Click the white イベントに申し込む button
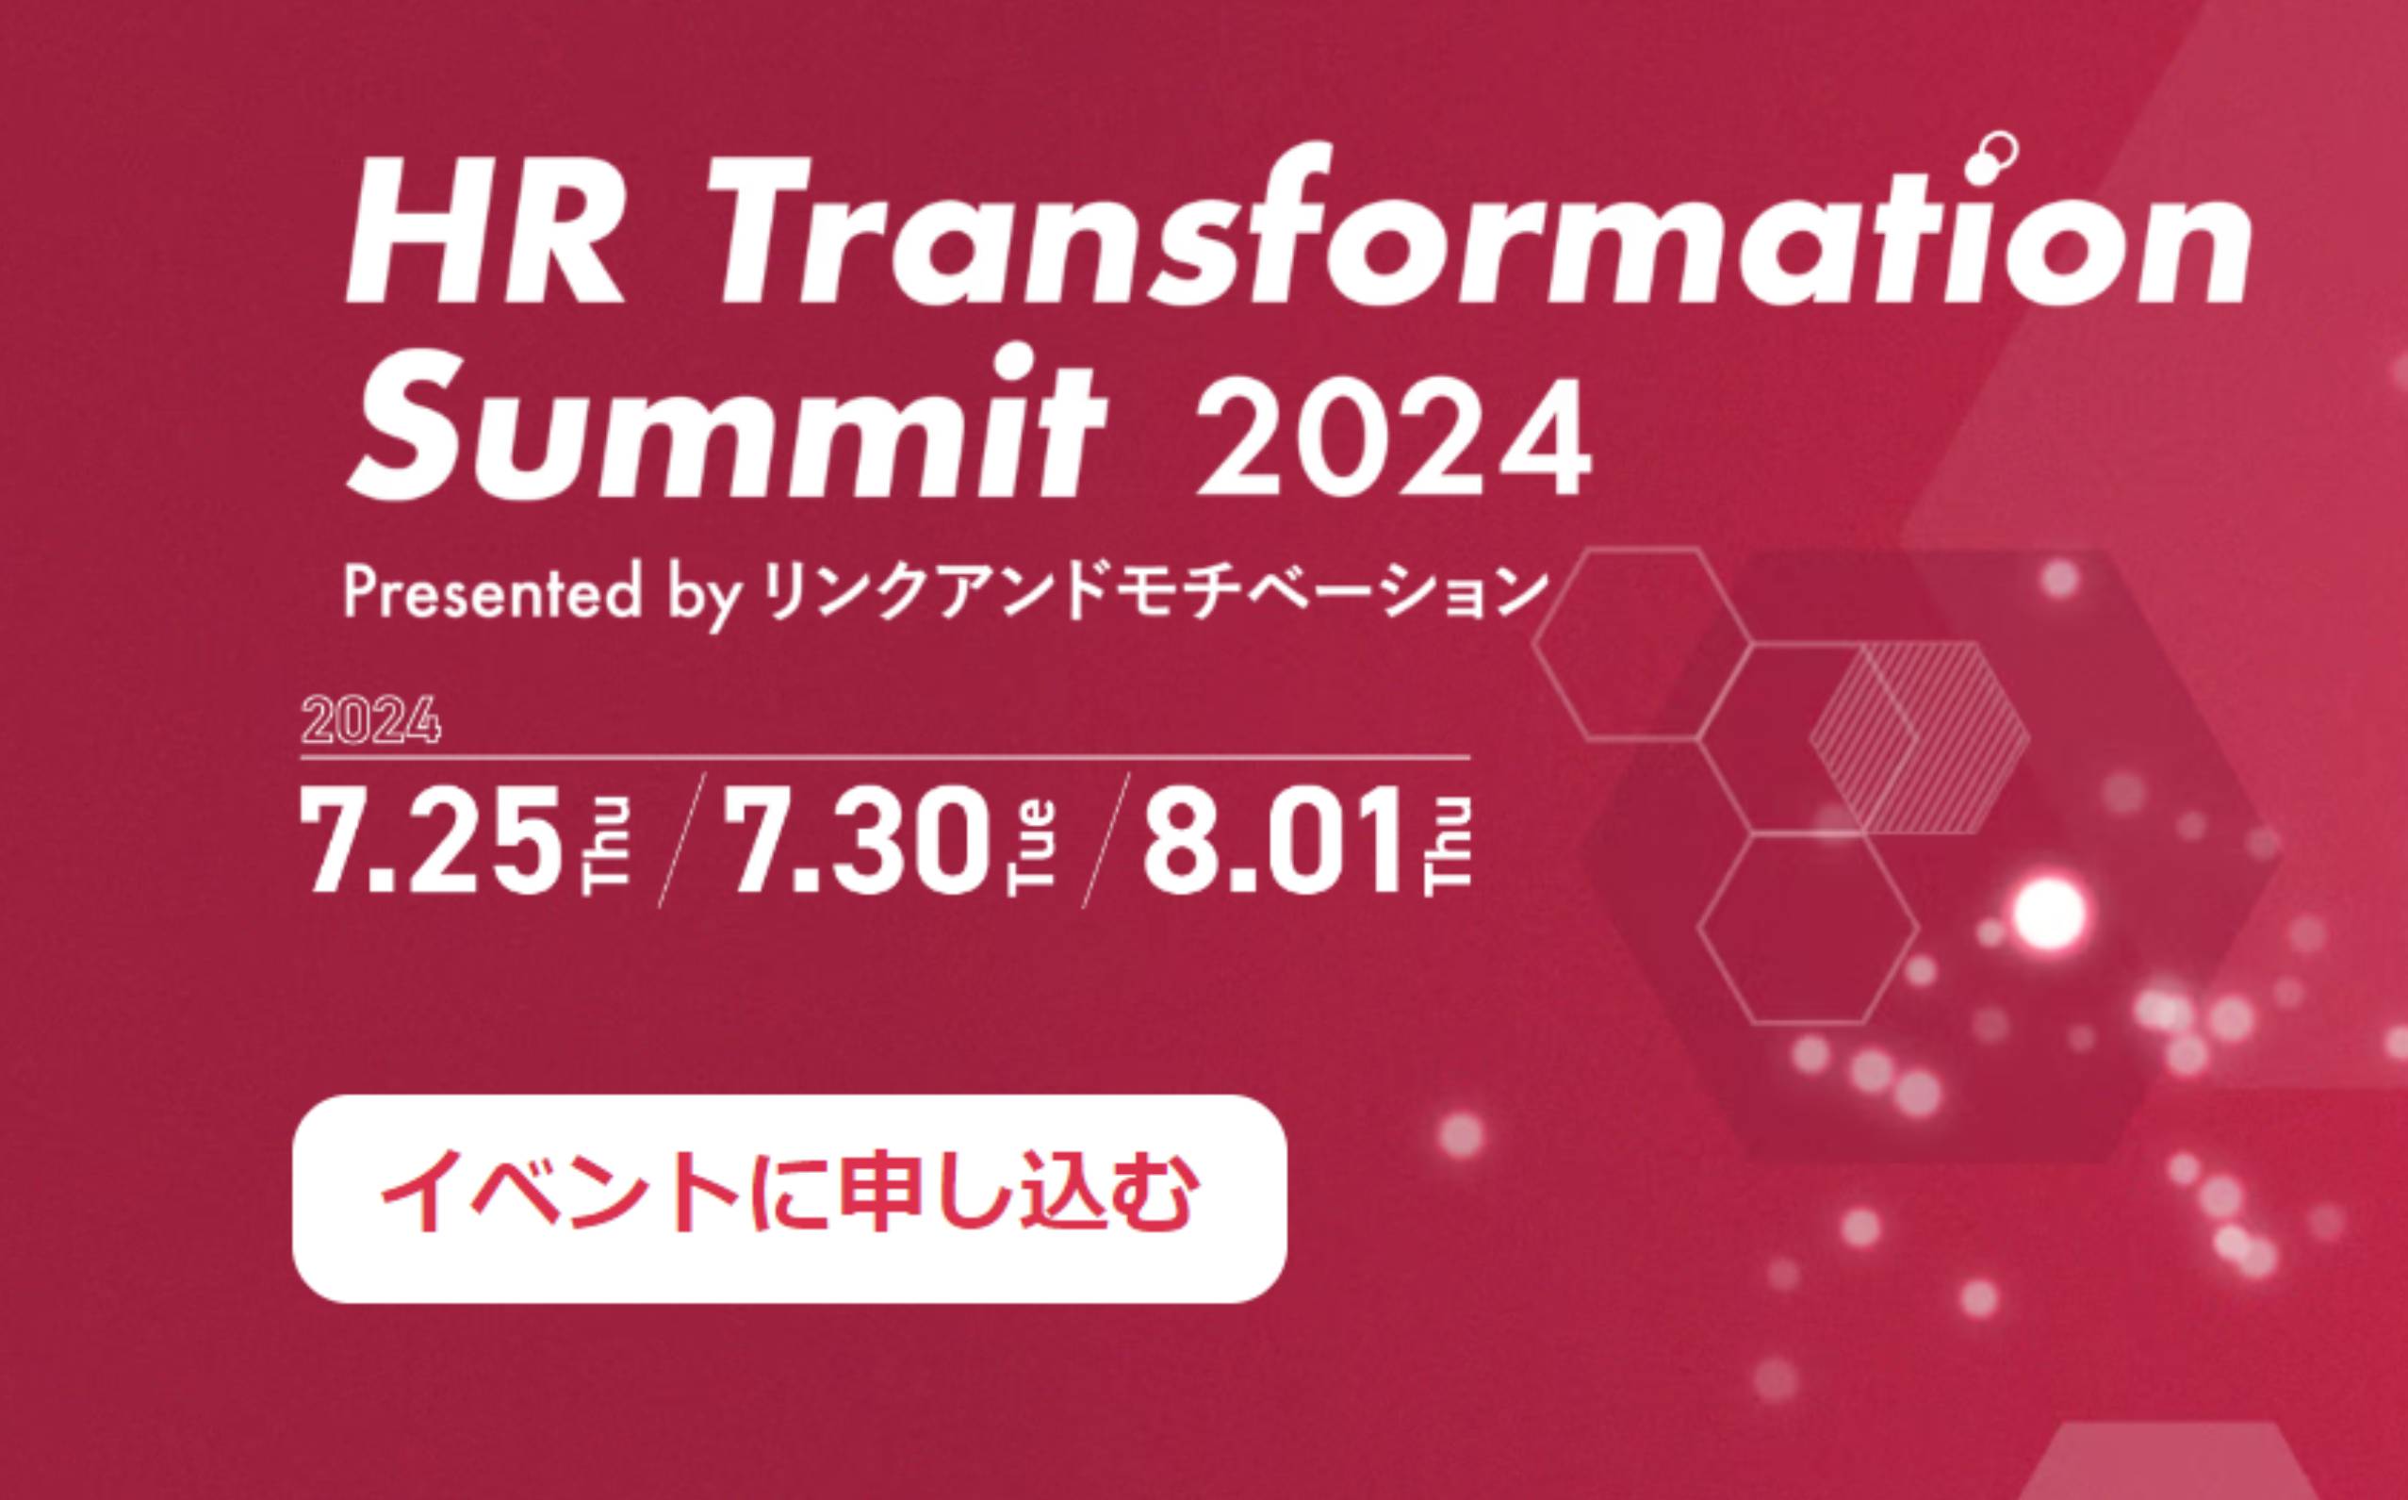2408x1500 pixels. click(x=790, y=1198)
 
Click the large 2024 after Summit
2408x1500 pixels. click(x=1392, y=437)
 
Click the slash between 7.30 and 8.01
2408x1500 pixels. click(x=1106, y=841)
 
